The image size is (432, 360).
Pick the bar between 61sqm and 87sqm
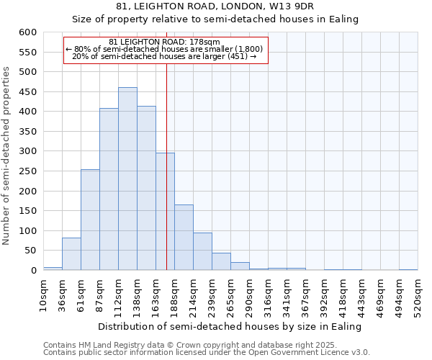[90, 220]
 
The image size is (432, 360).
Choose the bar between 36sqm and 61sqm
[71, 254]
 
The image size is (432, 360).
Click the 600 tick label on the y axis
[27, 32]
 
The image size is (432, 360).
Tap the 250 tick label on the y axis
[27, 171]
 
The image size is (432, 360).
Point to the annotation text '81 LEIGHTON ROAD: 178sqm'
[165, 42]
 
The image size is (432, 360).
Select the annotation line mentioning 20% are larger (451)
[165, 56]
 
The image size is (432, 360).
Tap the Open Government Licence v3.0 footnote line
[207, 353]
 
